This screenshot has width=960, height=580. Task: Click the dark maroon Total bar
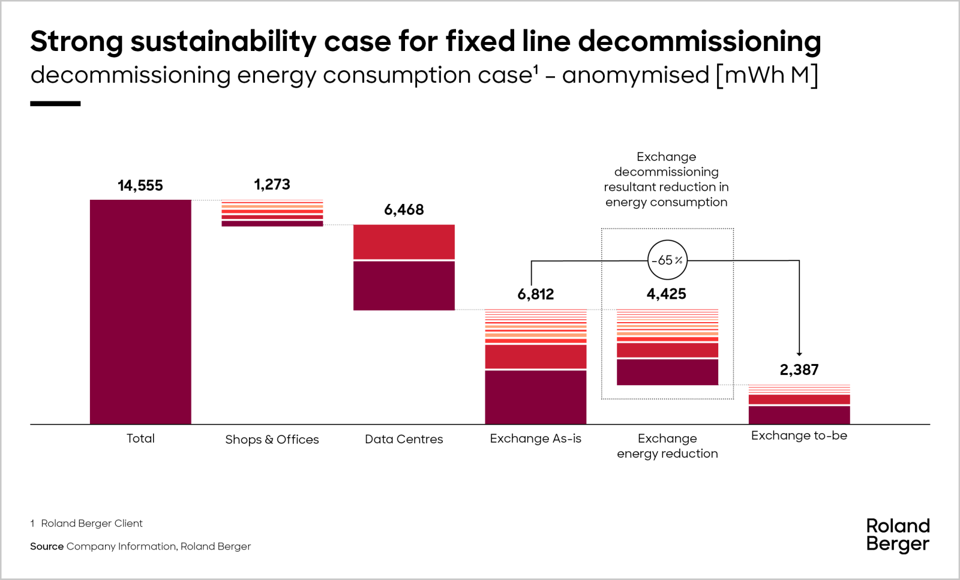140,312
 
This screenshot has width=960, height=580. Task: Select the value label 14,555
140,185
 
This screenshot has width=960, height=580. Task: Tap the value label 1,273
272,184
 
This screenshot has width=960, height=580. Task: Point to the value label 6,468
404,209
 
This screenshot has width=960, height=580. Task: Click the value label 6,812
536,294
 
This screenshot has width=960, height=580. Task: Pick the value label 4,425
666,294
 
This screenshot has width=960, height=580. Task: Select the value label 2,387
799,369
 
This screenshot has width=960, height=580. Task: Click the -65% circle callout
667,260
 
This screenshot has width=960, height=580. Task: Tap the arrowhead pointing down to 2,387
799,354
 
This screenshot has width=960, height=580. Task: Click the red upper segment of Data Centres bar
404,242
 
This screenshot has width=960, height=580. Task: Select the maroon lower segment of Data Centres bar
404,286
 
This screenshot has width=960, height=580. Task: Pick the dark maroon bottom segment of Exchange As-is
536,397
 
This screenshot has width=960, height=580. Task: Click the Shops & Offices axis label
272,440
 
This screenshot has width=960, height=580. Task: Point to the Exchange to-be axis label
799,435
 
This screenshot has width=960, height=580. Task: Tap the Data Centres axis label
404,439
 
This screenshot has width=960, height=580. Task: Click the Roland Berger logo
898,535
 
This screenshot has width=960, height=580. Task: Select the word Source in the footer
47,546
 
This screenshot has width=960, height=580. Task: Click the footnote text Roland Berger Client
92,523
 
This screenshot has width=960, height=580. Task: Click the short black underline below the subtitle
55,104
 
